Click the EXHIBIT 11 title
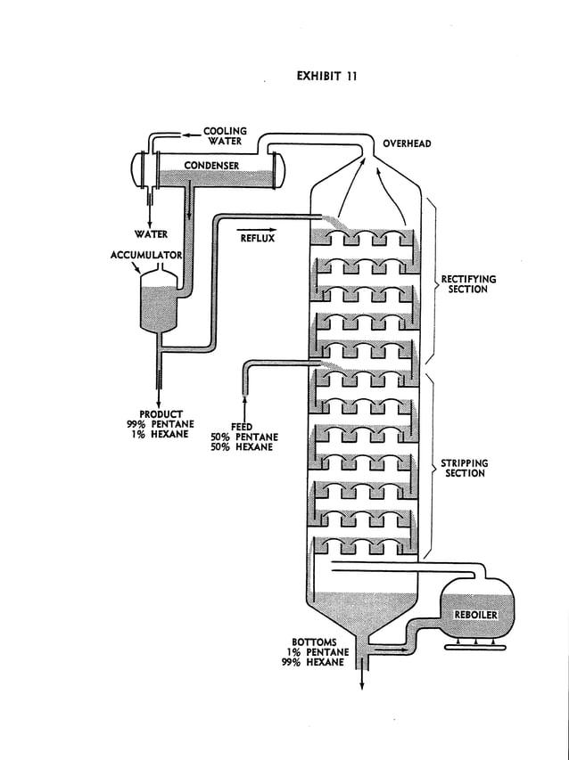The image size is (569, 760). tap(326, 76)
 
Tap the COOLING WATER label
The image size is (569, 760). tap(225, 136)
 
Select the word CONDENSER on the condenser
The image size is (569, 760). tap(211, 165)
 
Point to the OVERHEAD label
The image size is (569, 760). tap(408, 143)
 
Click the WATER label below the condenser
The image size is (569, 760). tap(151, 235)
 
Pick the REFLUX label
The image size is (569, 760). tap(257, 239)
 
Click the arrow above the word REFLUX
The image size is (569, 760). tap(257, 229)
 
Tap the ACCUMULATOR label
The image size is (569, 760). tap(146, 255)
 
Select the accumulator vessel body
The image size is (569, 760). tap(160, 303)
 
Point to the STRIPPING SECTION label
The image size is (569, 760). tap(466, 469)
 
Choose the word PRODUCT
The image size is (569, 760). tap(161, 414)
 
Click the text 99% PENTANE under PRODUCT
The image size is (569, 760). tap(161, 424)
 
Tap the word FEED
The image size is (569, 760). tap(243, 427)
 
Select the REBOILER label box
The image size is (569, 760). tap(476, 615)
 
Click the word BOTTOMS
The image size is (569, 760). tap(314, 642)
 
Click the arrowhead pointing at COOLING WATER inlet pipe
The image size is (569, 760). tap(186, 135)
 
